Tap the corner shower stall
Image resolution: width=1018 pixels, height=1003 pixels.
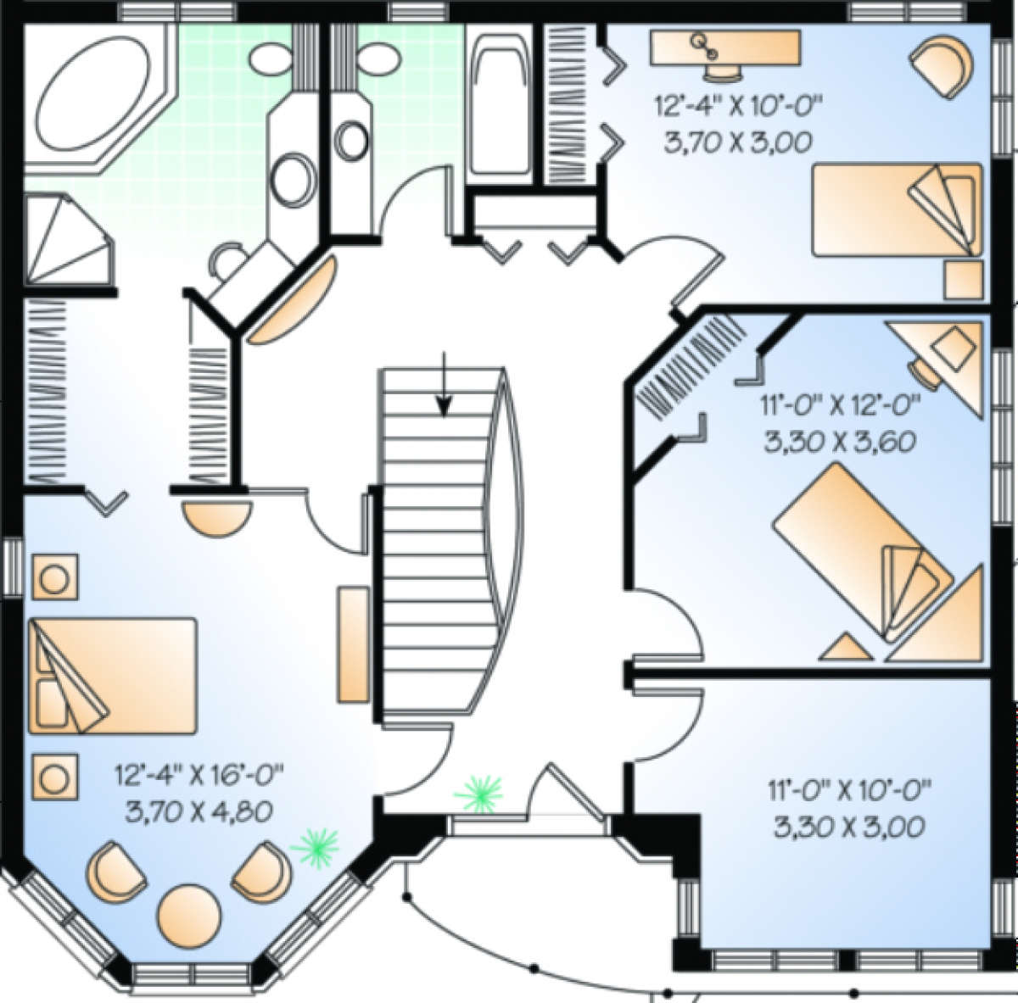[x=64, y=242]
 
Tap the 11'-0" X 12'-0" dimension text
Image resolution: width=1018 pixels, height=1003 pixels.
[x=841, y=409]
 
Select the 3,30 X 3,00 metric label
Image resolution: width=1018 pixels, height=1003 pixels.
[x=848, y=826]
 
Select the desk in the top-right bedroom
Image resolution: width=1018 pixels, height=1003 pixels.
[x=726, y=46]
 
